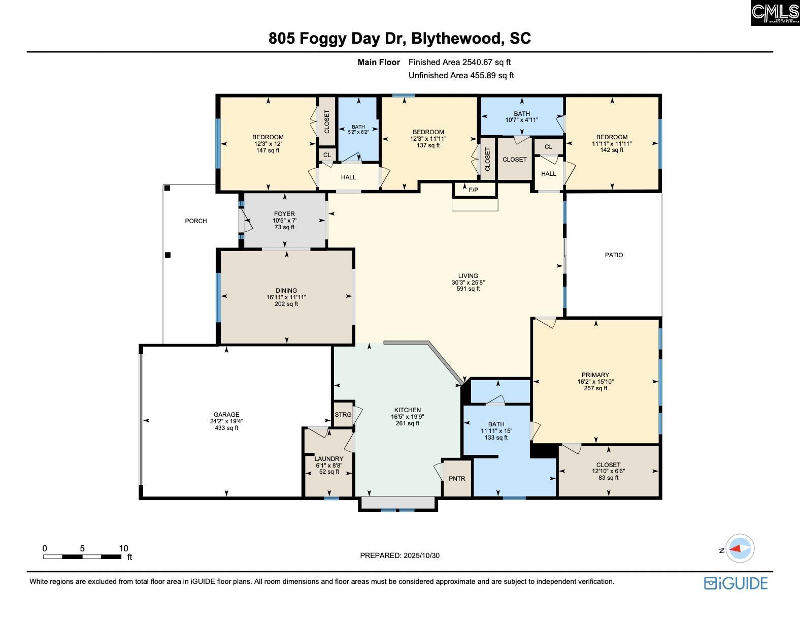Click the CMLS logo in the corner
click(775, 13)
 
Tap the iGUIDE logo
click(736, 583)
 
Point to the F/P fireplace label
click(474, 190)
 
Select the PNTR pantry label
click(457, 479)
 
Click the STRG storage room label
click(343, 415)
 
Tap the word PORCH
click(196, 221)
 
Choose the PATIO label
click(614, 255)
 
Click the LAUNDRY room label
click(329, 458)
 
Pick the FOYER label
click(284, 213)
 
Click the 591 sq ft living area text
click(469, 289)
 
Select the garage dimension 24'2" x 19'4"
click(226, 421)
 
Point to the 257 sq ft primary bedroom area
click(595, 388)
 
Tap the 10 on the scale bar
click(124, 548)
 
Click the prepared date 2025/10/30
click(421, 555)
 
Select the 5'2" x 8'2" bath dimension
click(358, 132)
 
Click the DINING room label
click(286, 291)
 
